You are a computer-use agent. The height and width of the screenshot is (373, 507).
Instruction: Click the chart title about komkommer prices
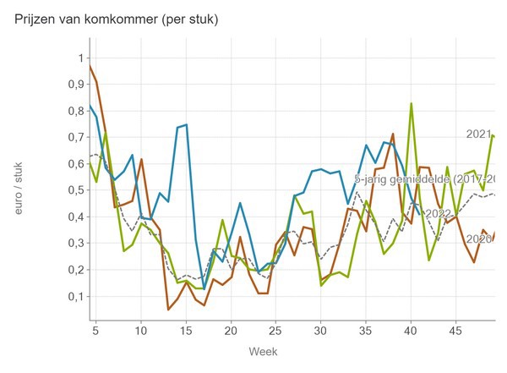(117, 19)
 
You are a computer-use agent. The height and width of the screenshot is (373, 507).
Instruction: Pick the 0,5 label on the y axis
(74, 190)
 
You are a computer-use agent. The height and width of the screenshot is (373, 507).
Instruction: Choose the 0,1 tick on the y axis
(74, 297)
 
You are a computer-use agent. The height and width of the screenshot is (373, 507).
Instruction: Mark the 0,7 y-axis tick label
(74, 137)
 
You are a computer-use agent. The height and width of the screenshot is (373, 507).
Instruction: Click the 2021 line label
(478, 134)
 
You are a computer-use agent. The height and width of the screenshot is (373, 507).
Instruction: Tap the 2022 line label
(439, 213)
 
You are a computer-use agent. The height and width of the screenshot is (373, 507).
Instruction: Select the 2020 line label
(478, 239)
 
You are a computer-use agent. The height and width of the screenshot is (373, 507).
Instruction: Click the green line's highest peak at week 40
(412, 104)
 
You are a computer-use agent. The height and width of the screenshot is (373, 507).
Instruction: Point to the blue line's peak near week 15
(186, 125)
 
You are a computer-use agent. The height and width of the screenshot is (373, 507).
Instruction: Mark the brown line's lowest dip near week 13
(168, 310)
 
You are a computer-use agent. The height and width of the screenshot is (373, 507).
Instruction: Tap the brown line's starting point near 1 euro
(89, 64)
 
